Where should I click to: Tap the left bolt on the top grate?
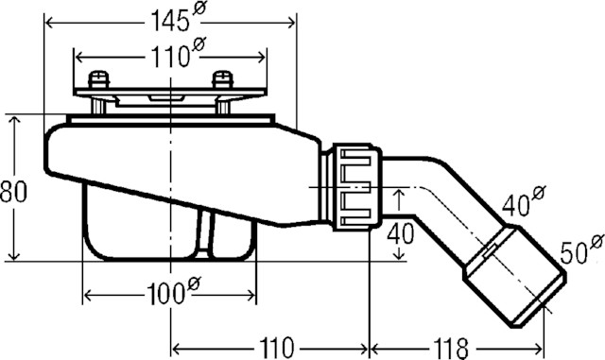click(96, 81)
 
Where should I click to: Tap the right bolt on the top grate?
click(223, 81)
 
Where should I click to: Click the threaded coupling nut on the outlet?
click(352, 186)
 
